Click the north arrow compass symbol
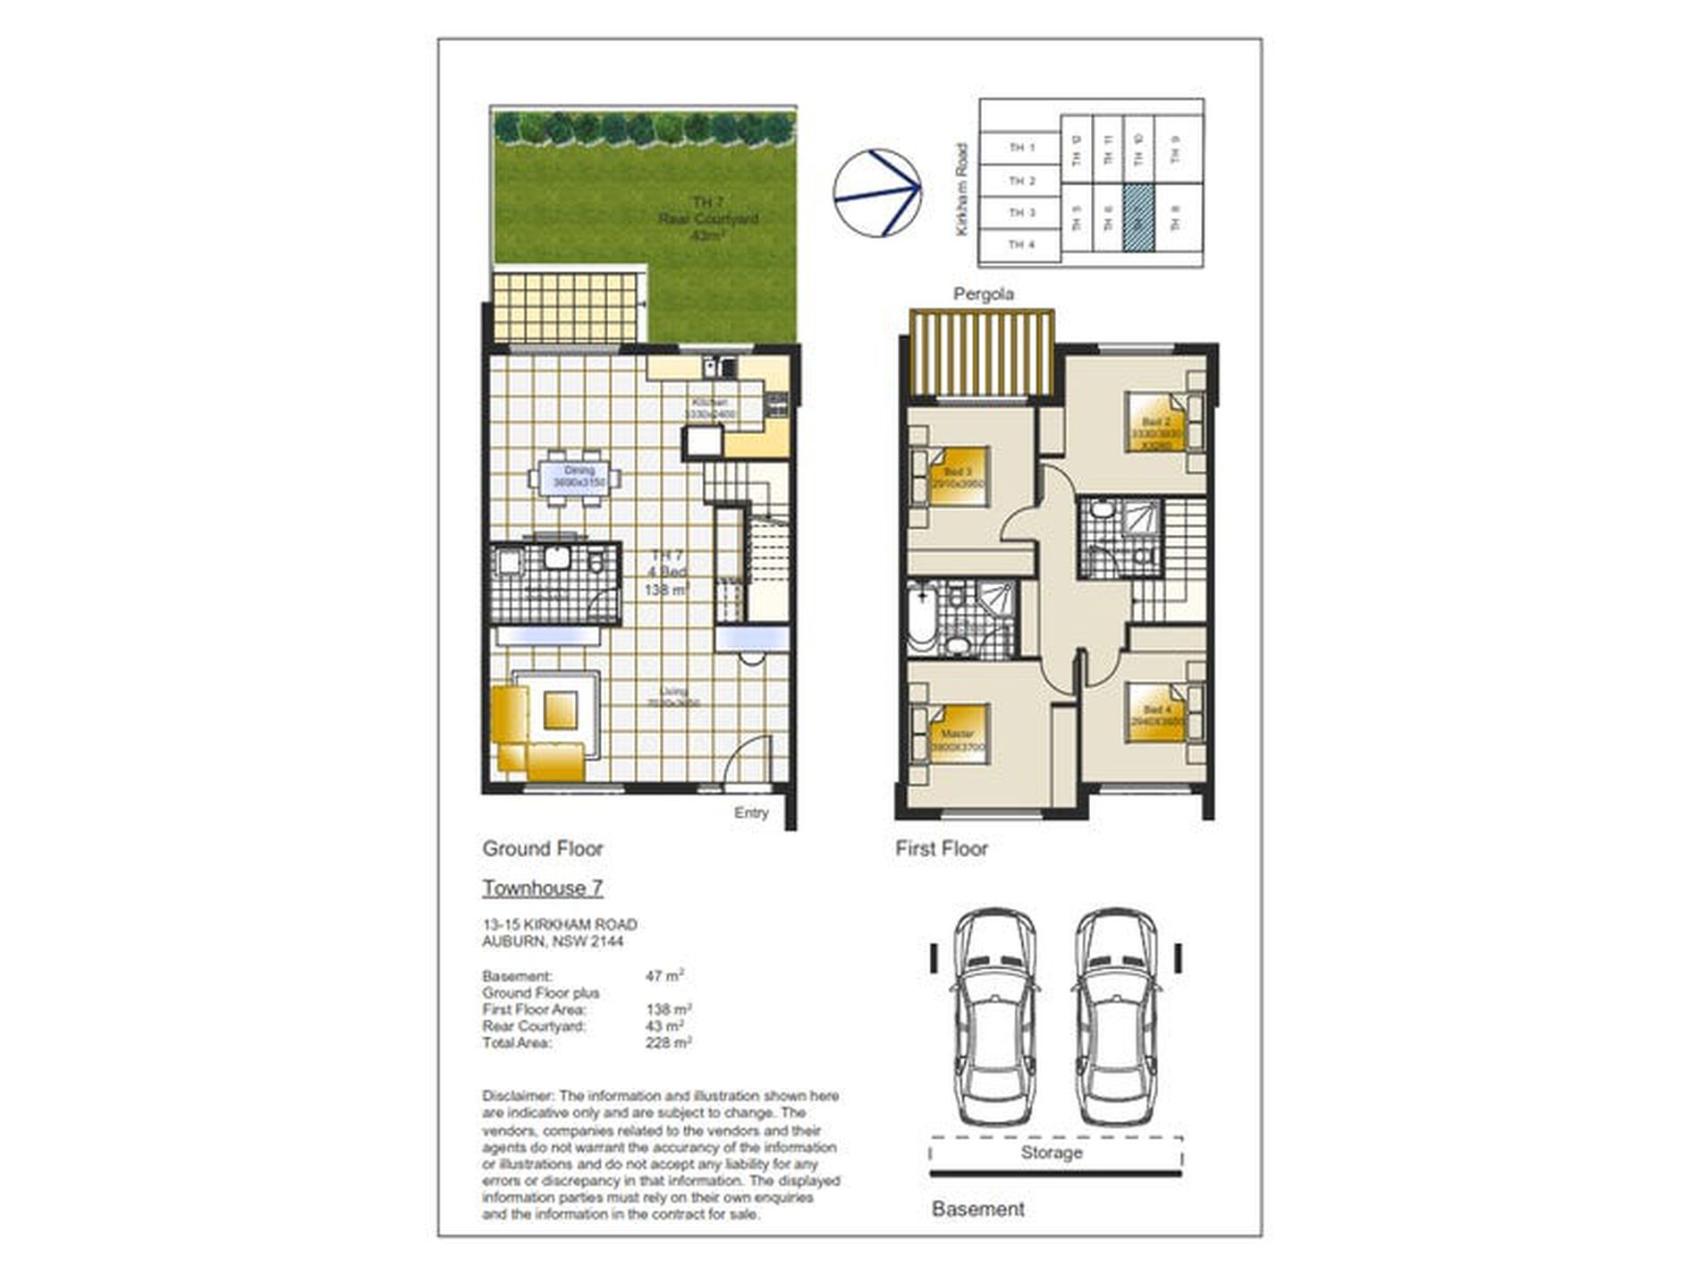click(876, 193)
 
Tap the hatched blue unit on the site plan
click(1137, 217)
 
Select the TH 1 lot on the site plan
click(1020, 148)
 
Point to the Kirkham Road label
click(961, 190)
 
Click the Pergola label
click(983, 294)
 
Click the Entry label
click(750, 812)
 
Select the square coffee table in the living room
click(561, 710)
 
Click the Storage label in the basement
click(1052, 1152)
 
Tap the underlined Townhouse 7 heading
click(543, 888)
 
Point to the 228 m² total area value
click(668, 1042)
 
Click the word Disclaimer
click(519, 1096)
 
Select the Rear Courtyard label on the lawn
click(707, 219)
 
